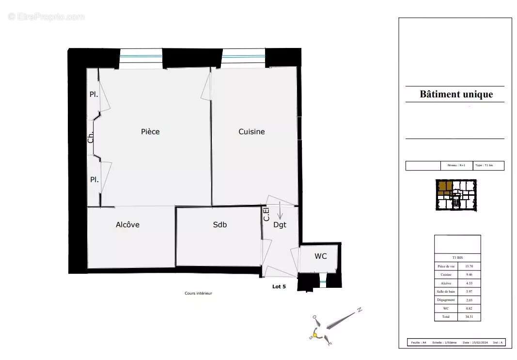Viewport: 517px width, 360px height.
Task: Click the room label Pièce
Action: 150,132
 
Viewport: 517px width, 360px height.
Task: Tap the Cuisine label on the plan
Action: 251,132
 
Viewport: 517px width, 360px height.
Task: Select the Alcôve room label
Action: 127,225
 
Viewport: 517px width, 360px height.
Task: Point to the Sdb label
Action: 220,225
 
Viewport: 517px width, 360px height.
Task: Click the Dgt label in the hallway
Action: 280,225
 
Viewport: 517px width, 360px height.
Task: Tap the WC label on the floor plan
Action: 320,256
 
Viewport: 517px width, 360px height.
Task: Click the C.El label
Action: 266,214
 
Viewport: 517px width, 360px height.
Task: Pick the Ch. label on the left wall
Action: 91,138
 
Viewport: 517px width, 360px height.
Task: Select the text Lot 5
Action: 279,286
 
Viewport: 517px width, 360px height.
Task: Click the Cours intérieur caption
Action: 198,293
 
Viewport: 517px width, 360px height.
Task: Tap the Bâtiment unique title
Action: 456,94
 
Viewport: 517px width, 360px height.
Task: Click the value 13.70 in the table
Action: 469,266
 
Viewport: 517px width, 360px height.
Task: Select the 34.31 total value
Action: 469,316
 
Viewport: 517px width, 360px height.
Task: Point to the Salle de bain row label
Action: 446,292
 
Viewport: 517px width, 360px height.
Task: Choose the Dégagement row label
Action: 446,300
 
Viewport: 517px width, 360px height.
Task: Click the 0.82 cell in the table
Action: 469,308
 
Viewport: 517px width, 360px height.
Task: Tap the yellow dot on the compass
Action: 315,335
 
